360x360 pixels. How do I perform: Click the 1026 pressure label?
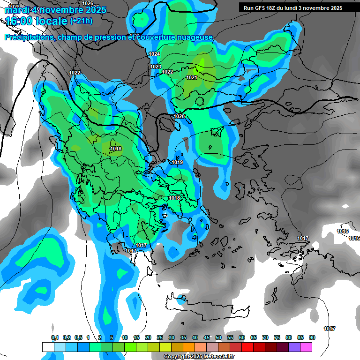pyautogui.click(x=88, y=3)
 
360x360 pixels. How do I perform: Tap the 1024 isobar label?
pyautogui.click(x=154, y=54)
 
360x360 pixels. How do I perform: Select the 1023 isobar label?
pyautogui.click(x=156, y=67)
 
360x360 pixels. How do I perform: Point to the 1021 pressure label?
pyautogui.click(x=192, y=77)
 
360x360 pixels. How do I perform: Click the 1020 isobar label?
pyautogui.click(x=179, y=116)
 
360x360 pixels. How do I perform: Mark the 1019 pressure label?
pyautogui.click(x=177, y=162)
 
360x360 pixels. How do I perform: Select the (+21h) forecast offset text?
pyautogui.click(x=81, y=21)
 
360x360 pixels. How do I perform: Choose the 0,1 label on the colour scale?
pyautogui.click(x=55, y=337)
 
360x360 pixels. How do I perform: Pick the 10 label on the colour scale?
pyautogui.click(x=125, y=337)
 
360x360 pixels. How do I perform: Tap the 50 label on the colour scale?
pyautogui.click(x=218, y=337)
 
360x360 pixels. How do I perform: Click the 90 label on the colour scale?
pyautogui.click(x=312, y=337)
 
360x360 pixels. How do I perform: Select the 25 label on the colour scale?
pyautogui.click(x=160, y=337)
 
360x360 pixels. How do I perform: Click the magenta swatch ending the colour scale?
pyautogui.click(x=306, y=347)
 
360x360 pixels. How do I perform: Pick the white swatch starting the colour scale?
pyautogui.click(x=48, y=347)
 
